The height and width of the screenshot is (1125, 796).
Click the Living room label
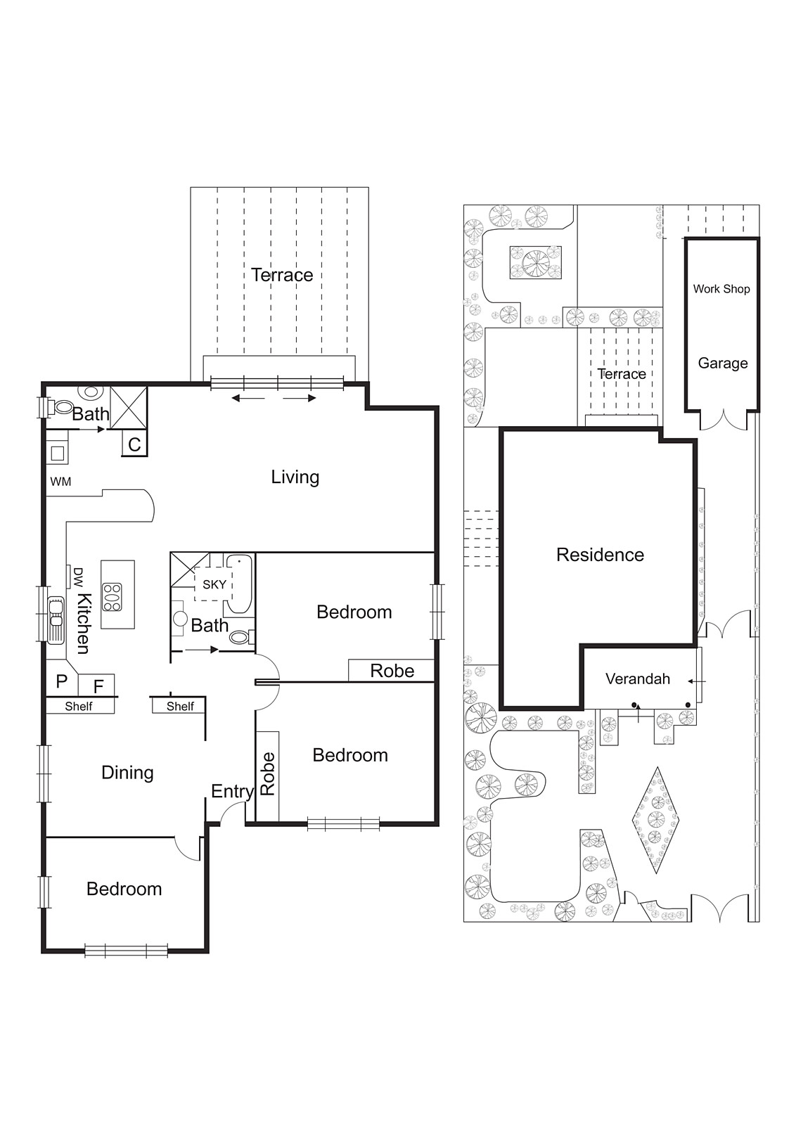(x=295, y=477)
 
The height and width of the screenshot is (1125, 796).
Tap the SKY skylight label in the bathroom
(x=214, y=584)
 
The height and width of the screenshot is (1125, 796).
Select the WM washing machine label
(x=60, y=482)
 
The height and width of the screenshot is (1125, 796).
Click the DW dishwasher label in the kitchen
(x=78, y=577)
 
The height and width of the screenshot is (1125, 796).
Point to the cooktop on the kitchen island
(x=112, y=597)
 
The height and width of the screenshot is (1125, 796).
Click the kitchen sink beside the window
(x=56, y=619)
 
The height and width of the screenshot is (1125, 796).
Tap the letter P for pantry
(x=61, y=681)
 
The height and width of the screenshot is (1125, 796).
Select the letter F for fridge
(x=98, y=686)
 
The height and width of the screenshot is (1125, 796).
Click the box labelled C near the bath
(x=134, y=444)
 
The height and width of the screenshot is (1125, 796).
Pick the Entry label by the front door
(x=231, y=792)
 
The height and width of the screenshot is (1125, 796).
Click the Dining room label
(x=127, y=773)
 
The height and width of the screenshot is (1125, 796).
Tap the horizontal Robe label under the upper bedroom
(x=392, y=671)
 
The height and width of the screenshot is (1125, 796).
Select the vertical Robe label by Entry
(x=268, y=773)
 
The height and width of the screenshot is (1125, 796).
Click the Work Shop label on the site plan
(x=721, y=289)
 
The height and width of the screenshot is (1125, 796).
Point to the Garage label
(x=722, y=364)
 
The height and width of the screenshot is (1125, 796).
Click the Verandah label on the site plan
(x=637, y=679)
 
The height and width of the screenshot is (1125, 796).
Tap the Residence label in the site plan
(x=600, y=555)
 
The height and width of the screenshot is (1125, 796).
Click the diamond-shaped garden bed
(x=656, y=820)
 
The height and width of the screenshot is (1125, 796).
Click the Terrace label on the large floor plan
(x=282, y=275)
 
